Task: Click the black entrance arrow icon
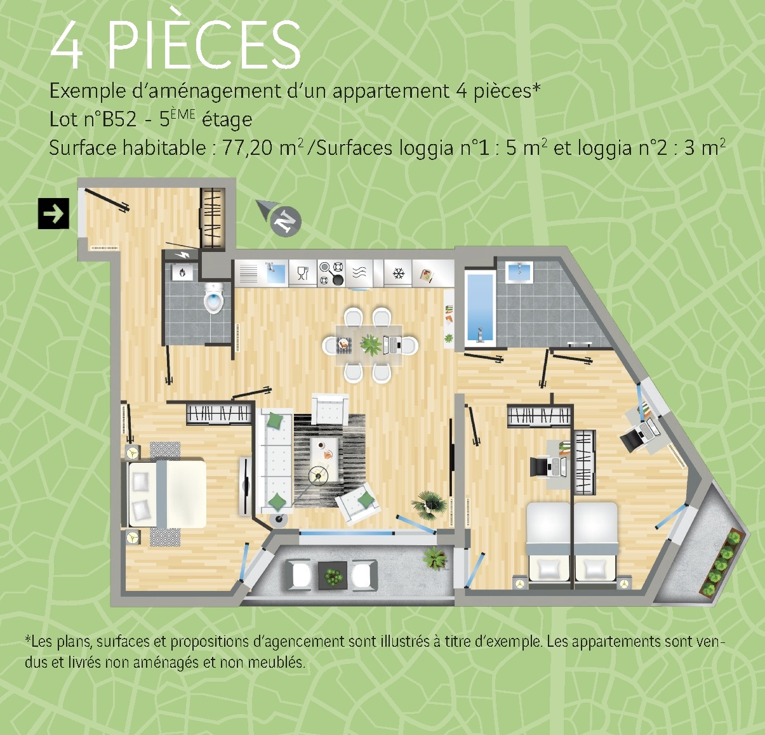click(53, 213)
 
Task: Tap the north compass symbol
click(280, 217)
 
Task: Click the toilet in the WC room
click(214, 298)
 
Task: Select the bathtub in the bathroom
click(480, 308)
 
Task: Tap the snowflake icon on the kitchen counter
click(398, 273)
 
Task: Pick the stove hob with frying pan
click(331, 273)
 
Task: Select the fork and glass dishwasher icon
click(303, 273)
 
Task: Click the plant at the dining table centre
click(370, 345)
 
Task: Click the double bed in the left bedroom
click(167, 494)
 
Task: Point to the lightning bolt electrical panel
click(182, 255)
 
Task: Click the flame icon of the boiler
click(182, 272)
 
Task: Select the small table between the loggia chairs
click(333, 576)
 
